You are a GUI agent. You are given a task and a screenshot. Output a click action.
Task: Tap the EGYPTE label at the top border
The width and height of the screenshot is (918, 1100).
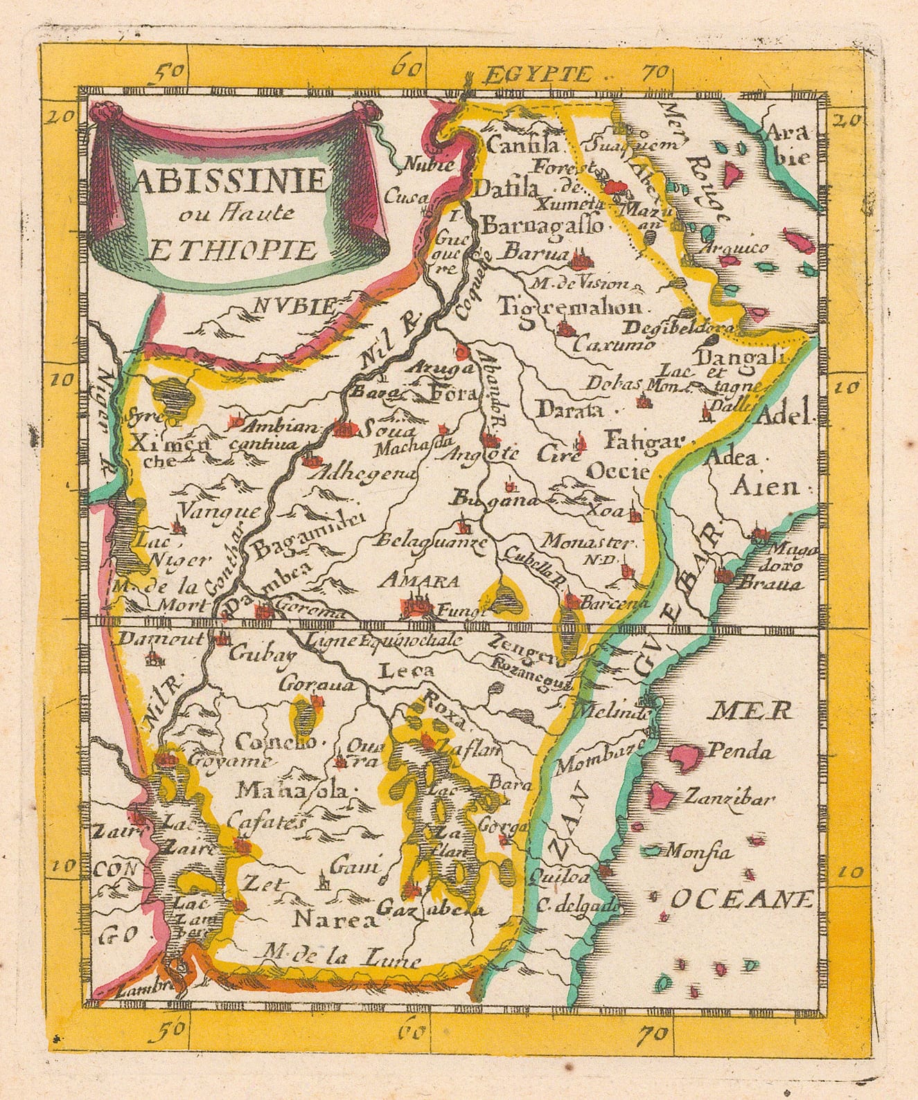[x=539, y=74]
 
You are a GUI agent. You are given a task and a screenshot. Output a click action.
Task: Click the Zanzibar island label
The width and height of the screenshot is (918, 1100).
[x=727, y=797]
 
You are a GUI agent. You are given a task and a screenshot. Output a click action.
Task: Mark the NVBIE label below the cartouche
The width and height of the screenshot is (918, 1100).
[x=294, y=304]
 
